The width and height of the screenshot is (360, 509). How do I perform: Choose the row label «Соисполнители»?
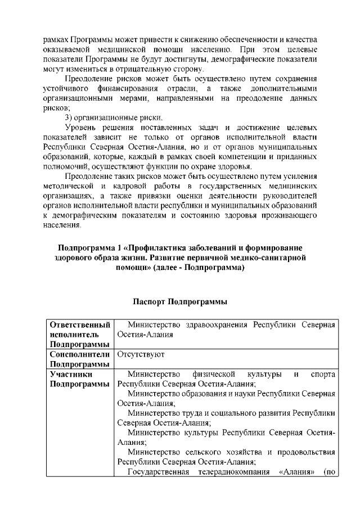pyautogui.click(x=79, y=355)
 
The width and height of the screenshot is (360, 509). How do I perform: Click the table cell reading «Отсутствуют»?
pyautogui.click(x=141, y=355)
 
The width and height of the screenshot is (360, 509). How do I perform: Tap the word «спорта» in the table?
pyautogui.click(x=323, y=375)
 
